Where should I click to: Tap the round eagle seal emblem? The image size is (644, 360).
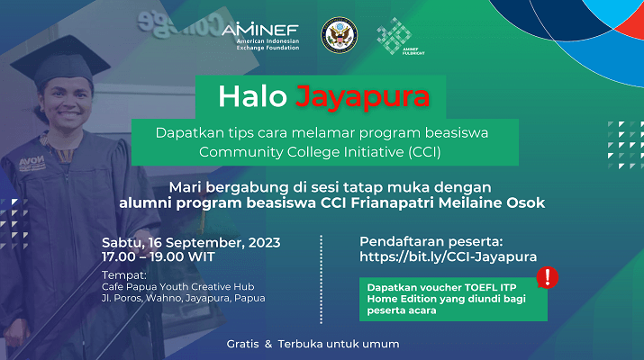[339, 35]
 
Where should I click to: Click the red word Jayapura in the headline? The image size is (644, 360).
[363, 97]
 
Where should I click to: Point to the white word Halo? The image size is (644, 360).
[252, 97]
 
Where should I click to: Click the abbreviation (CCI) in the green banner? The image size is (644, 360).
[424, 152]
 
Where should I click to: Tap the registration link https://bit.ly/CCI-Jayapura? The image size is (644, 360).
[448, 256]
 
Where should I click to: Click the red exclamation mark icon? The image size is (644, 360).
[548, 277]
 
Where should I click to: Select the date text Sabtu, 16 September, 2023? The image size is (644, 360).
[191, 243]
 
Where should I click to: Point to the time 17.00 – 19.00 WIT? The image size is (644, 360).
[159, 257]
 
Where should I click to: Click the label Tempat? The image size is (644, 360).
[124, 275]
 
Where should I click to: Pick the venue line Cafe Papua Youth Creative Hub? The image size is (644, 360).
[177, 286]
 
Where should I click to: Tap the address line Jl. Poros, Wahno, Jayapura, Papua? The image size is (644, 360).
[183, 298]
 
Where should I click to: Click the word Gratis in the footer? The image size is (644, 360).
[242, 344]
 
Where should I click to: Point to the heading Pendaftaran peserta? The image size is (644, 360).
[431, 241]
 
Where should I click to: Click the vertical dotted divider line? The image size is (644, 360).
[322, 279]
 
